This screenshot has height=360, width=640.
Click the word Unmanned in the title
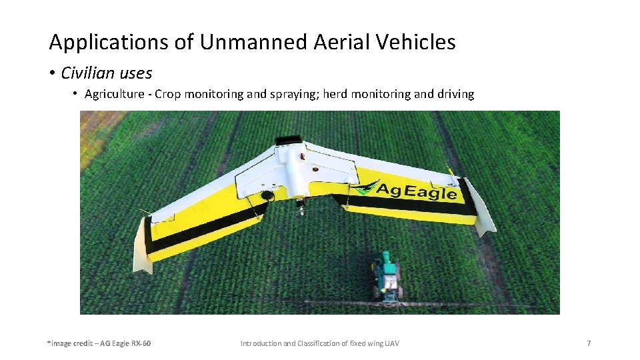coord(253,43)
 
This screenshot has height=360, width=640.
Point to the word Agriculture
coord(114,94)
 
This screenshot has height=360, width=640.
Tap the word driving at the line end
coord(456,94)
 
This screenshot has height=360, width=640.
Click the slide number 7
coord(589,343)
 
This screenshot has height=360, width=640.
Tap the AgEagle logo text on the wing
coord(417,191)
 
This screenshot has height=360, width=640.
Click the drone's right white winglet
coord(484,207)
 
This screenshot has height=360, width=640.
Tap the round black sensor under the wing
coord(268,196)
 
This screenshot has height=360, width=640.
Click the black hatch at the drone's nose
coord(288,139)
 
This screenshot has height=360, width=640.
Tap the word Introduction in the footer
coord(261,343)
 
